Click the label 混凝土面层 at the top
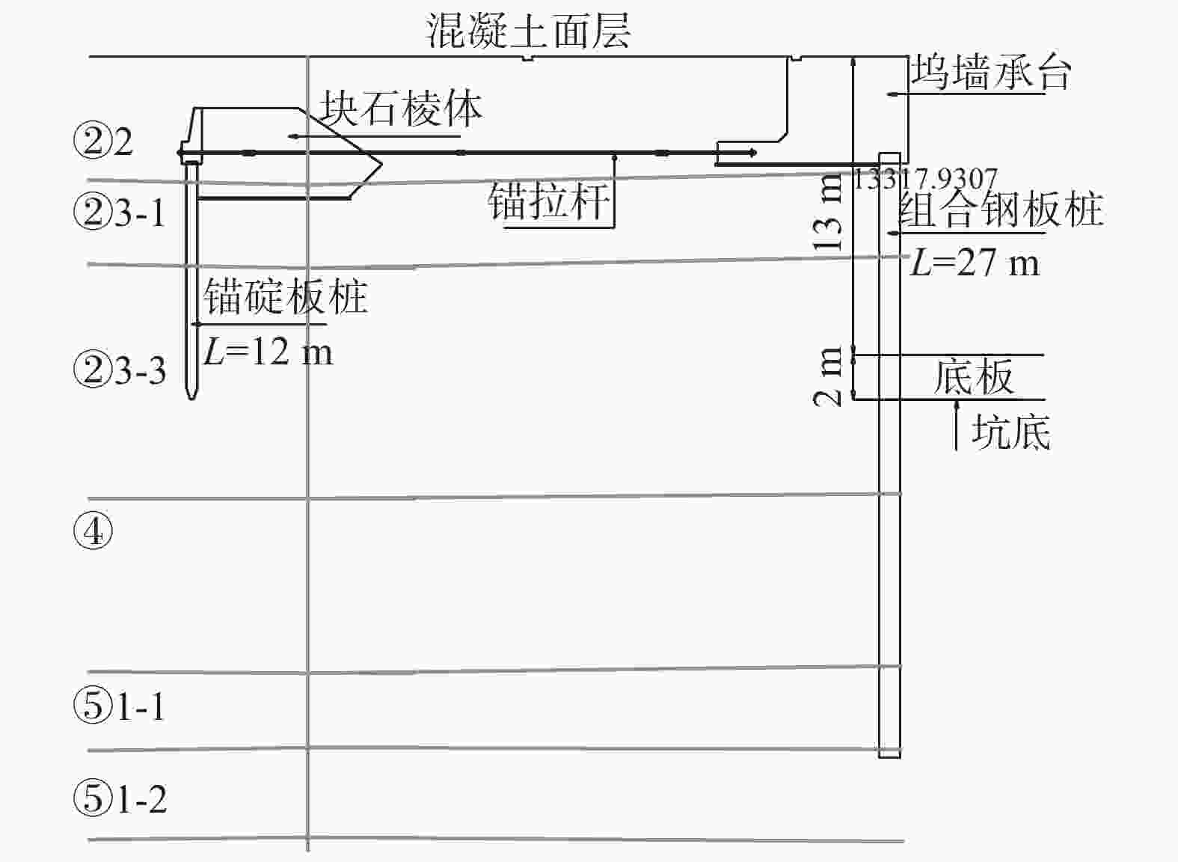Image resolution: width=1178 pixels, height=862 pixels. [x=528, y=31]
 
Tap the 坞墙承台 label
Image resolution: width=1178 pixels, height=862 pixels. [x=991, y=73]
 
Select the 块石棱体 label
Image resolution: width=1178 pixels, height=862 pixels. [x=401, y=109]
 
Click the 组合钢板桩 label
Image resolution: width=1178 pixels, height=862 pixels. [x=1001, y=209]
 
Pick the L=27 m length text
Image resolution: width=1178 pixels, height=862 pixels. [x=974, y=263]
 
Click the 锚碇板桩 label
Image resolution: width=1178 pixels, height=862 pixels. [x=285, y=297]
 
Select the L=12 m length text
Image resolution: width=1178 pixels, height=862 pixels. [x=268, y=351]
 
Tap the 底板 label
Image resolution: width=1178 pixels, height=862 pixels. [x=972, y=376]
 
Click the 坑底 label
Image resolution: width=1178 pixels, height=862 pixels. [x=1010, y=432]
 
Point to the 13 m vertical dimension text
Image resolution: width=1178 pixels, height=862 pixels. [x=829, y=214]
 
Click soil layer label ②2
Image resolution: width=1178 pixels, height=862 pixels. [x=103, y=141]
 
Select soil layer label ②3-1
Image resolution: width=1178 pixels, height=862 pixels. [x=120, y=213]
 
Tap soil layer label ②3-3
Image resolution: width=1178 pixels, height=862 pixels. [x=120, y=370]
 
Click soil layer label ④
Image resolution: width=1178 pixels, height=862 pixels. [x=93, y=532]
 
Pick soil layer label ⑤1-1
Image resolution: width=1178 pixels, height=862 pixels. [x=120, y=706]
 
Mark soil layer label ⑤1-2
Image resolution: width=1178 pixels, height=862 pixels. [x=120, y=798]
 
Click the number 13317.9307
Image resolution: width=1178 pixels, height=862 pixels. [x=924, y=180]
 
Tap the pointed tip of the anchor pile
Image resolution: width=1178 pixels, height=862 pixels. [x=191, y=397]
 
